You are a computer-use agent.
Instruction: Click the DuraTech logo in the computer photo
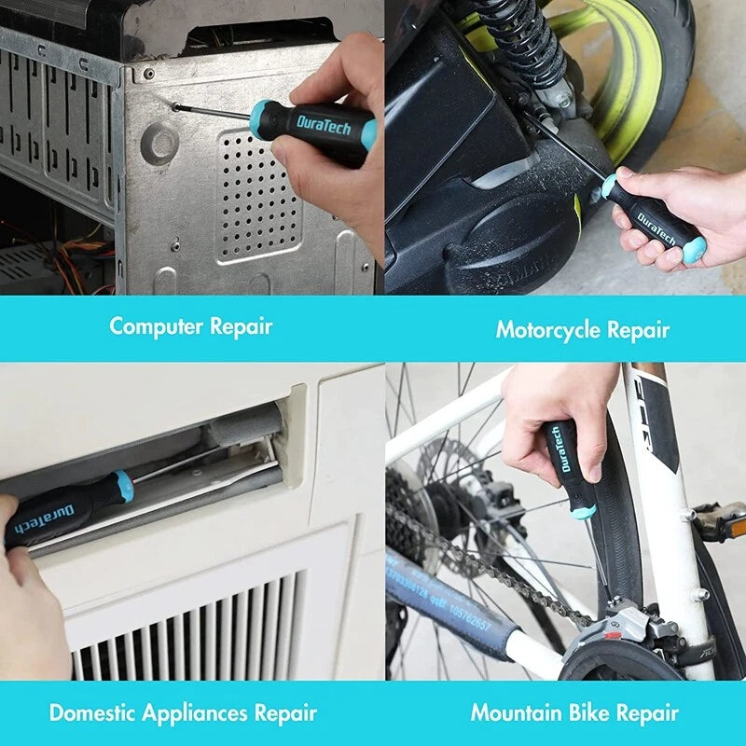point(324,124)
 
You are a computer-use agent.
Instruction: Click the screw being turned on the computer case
point(175,107)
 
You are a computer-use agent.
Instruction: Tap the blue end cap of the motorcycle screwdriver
point(693,250)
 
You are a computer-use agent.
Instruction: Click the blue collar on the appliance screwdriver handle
point(124,486)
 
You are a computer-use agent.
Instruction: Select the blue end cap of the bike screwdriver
point(583,511)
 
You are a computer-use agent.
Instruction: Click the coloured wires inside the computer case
point(75,256)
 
